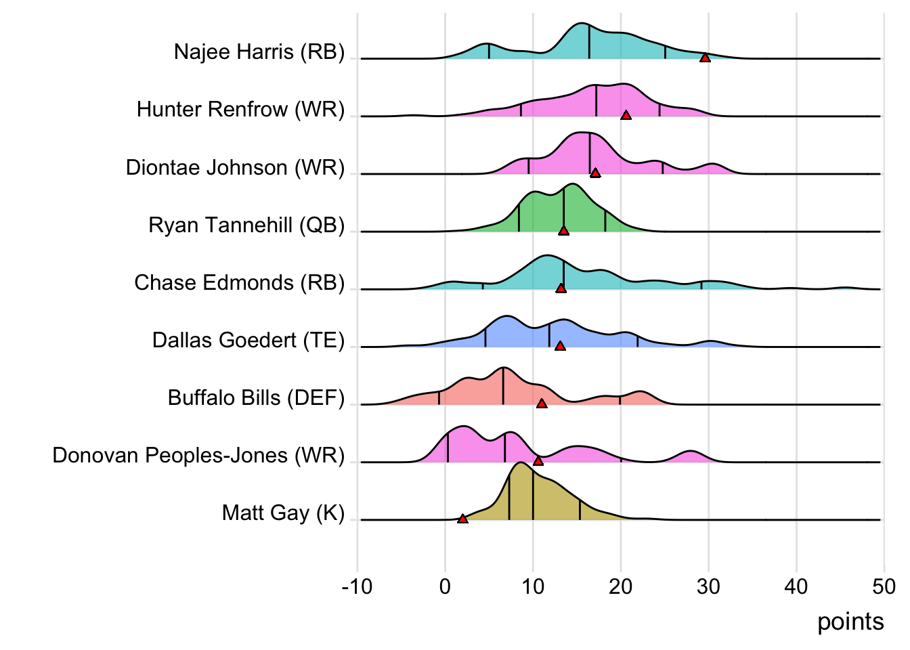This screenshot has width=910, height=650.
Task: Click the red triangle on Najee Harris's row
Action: (x=705, y=58)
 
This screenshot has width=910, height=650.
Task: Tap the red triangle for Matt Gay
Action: (x=462, y=519)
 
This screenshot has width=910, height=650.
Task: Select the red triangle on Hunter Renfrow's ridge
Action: (x=626, y=116)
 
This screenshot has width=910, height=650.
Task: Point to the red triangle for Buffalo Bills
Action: (x=542, y=404)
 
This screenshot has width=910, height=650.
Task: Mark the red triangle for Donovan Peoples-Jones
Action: (x=538, y=461)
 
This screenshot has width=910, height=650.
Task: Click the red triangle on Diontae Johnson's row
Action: (x=595, y=173)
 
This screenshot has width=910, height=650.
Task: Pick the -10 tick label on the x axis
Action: (x=357, y=586)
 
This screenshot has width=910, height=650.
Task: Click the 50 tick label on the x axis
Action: (x=884, y=586)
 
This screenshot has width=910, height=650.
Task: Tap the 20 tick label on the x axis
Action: (x=620, y=586)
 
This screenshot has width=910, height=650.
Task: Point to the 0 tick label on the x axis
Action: (x=445, y=586)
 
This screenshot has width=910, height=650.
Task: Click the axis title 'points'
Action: (x=850, y=622)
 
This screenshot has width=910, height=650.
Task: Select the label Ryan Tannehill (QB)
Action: (x=246, y=225)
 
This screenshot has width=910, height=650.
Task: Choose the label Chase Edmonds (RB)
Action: (x=239, y=282)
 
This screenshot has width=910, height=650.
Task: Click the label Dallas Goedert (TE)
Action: (x=248, y=340)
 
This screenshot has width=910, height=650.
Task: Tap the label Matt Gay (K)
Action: (x=283, y=513)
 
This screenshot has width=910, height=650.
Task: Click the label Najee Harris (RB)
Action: (x=259, y=52)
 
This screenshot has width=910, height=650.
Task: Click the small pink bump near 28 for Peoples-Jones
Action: (x=690, y=452)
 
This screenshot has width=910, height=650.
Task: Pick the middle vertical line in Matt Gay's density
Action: (x=533, y=494)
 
